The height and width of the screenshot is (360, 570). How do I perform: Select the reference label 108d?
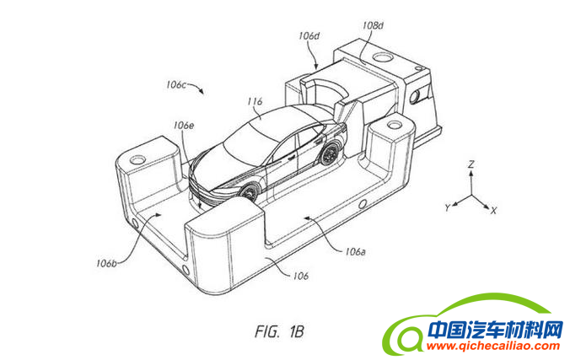tap(373, 26)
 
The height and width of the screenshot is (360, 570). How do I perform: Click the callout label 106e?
tap(184, 125)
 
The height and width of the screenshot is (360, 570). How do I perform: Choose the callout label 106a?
tap(356, 250)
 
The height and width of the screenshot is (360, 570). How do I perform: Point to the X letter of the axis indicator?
tap(494, 210)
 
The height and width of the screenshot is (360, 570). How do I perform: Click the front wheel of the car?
tap(250, 192)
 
